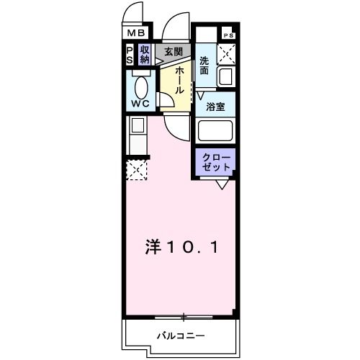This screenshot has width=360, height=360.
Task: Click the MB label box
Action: [x=136, y=32]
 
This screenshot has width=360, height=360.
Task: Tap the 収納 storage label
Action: [x=145, y=55]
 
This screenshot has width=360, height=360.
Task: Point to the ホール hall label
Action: [x=176, y=78]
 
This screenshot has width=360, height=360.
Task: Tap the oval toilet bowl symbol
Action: [x=141, y=88]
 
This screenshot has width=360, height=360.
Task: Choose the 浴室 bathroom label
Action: [x=215, y=107]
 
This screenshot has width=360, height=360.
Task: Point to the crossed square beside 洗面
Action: [x=228, y=53]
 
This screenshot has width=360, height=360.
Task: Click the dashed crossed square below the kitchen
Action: [x=137, y=170]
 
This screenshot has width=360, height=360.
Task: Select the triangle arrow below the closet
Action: [x=224, y=185]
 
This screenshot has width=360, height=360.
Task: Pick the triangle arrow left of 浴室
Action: [x=200, y=94]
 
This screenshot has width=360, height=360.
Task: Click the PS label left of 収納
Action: [x=130, y=55]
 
